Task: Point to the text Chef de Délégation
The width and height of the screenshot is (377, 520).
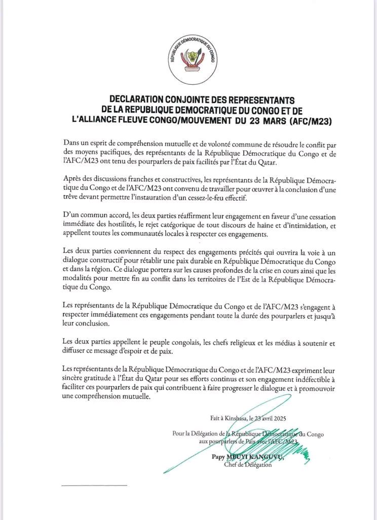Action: tap(247, 465)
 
